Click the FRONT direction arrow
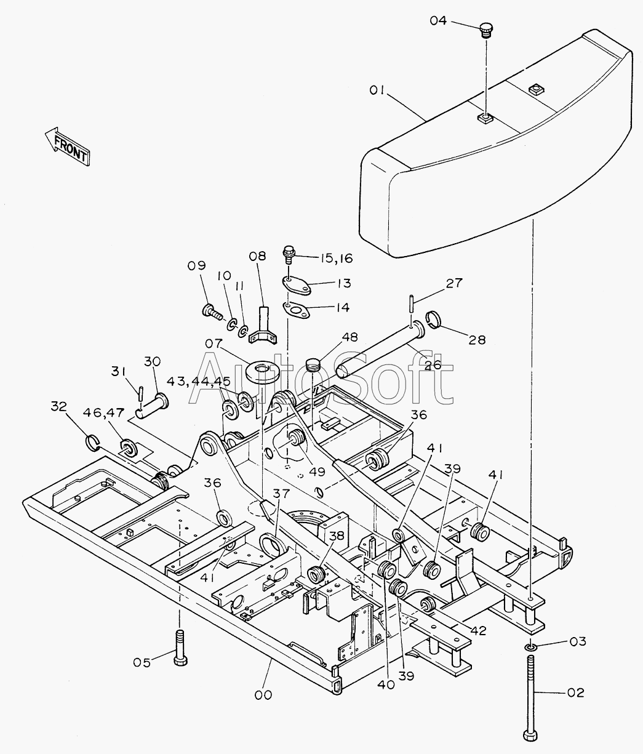click(x=68, y=146)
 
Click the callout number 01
click(x=377, y=90)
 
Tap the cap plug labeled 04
click(x=485, y=30)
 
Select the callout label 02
click(x=575, y=692)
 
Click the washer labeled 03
click(x=530, y=647)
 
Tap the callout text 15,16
click(x=337, y=259)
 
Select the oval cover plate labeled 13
click(x=297, y=285)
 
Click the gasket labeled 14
click(x=296, y=310)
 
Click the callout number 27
click(x=454, y=283)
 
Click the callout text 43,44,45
click(x=199, y=382)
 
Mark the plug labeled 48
click(x=312, y=364)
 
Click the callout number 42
click(x=478, y=630)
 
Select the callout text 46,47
click(x=104, y=412)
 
